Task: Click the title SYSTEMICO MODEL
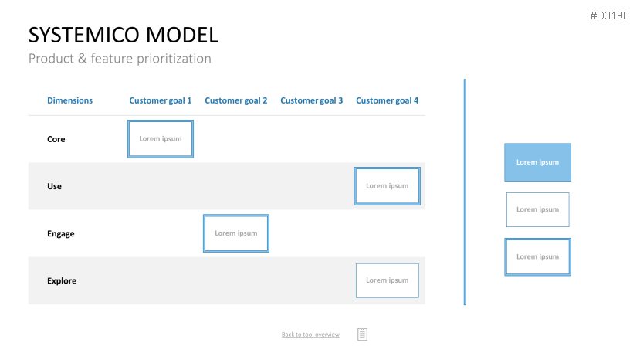[x=124, y=35]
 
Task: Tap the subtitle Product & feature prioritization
[x=120, y=59]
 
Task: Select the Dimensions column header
[x=69, y=100]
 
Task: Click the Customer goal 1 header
[x=161, y=100]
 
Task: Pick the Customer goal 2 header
[x=236, y=100]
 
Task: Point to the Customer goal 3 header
[x=311, y=100]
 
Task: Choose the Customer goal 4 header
[x=387, y=100]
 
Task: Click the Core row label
[x=56, y=139]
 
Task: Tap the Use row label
[x=54, y=186]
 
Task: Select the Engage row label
[x=61, y=234]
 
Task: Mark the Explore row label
[x=62, y=280]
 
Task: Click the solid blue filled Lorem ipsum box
[x=537, y=162]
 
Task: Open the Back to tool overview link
[x=310, y=335]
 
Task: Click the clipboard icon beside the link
[x=362, y=334]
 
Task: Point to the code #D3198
[x=609, y=15]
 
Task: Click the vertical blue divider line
[x=465, y=192]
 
